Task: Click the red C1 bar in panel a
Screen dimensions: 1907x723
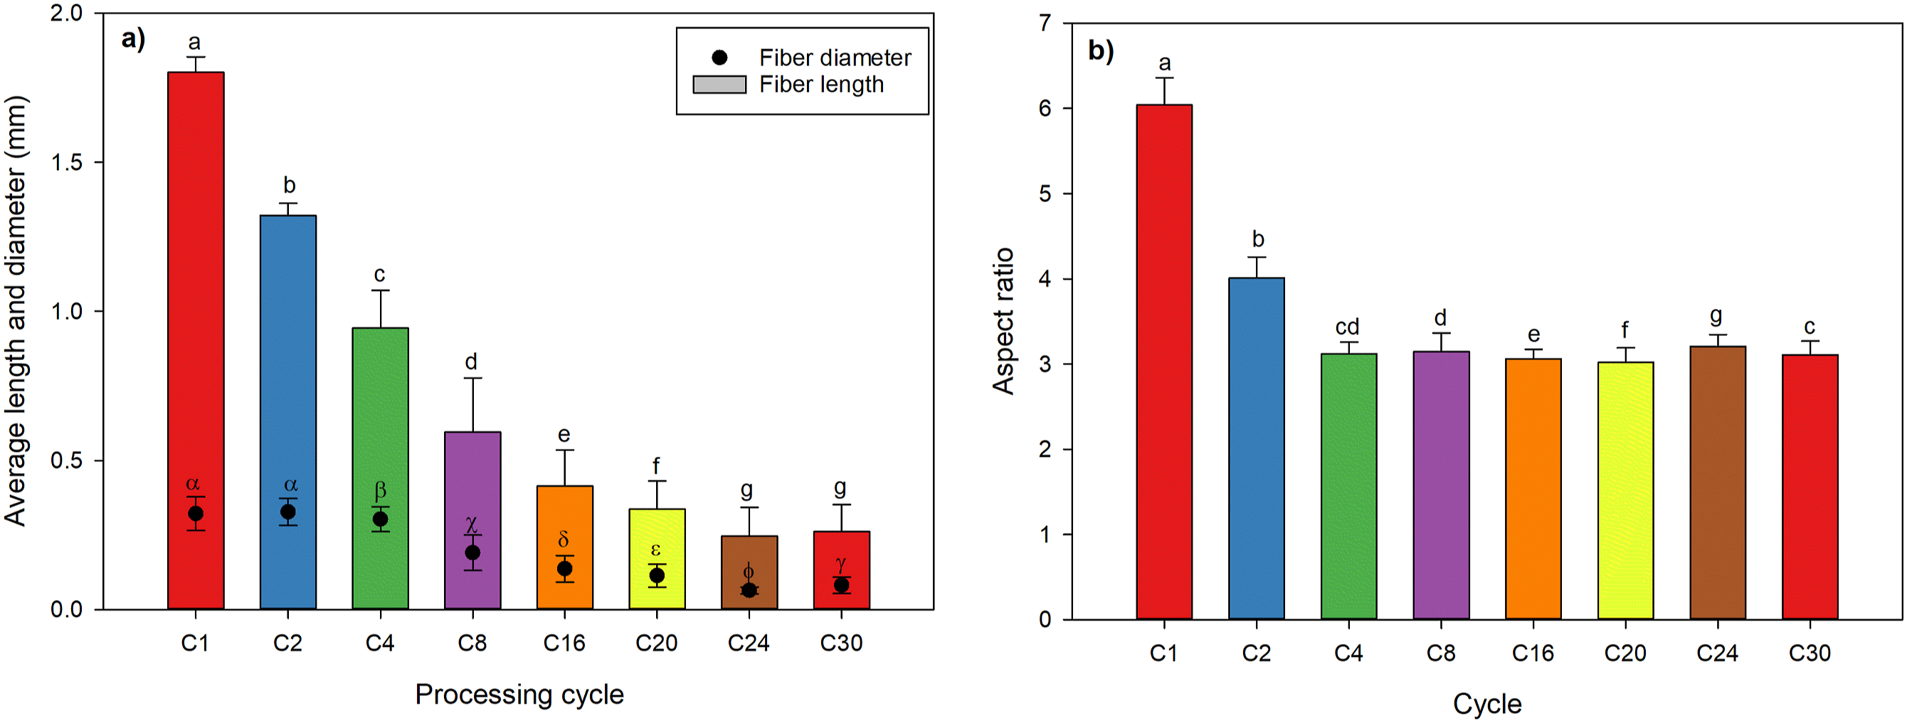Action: [196, 340]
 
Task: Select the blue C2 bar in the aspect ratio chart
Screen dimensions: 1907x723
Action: [1257, 448]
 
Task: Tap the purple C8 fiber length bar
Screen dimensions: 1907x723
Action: [472, 520]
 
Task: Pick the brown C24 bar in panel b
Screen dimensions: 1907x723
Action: [1718, 482]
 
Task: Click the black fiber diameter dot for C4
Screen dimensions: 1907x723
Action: [380, 519]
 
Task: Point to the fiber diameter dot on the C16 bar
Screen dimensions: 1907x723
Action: [564, 569]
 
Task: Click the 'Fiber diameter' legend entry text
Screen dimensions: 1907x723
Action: [835, 58]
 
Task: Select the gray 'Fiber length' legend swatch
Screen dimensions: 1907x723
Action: [719, 85]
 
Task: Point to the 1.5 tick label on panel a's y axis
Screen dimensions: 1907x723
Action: [67, 163]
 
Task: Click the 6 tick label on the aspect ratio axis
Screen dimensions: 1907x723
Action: [1045, 108]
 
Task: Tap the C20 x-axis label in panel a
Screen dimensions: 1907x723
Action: [656, 643]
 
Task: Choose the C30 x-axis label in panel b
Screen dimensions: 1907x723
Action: [1810, 653]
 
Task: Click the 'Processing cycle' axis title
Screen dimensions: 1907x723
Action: [519, 695]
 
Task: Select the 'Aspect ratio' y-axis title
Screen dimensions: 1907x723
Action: [1003, 321]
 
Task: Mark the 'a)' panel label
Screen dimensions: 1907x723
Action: [133, 39]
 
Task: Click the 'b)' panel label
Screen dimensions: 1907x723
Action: [1101, 51]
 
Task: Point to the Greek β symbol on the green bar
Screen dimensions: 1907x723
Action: [380, 490]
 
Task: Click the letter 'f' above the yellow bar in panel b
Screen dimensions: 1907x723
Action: [1625, 329]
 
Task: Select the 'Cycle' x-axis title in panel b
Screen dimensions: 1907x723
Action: [1487, 704]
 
